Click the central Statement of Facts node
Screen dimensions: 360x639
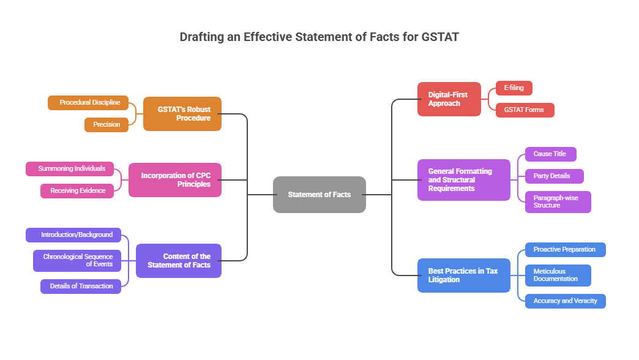pyautogui.click(x=319, y=195)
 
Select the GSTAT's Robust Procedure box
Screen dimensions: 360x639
pyautogui.click(x=182, y=114)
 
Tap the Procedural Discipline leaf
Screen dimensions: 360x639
pyautogui.click(x=89, y=103)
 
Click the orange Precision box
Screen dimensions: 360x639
pyautogui.click(x=106, y=125)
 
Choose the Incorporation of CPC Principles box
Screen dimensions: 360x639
pyautogui.click(x=175, y=180)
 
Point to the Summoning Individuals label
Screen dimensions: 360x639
pyautogui.click(x=72, y=169)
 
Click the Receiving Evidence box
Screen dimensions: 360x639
pyautogui.click(x=78, y=191)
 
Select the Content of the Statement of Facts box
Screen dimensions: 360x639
pyautogui.click(x=179, y=261)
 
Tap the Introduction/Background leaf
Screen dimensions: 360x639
pyautogui.click(x=77, y=235)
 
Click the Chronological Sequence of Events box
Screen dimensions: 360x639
pyautogui.click(x=77, y=261)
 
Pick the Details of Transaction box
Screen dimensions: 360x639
pyautogui.click(x=81, y=287)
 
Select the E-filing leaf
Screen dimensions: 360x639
pyautogui.click(x=514, y=88)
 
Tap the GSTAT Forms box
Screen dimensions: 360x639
pyautogui.click(x=525, y=110)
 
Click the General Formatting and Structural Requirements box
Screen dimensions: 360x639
pyautogui.click(x=463, y=180)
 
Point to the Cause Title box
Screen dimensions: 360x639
pyautogui.click(x=550, y=154)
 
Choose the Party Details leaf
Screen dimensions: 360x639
pyautogui.click(x=554, y=176)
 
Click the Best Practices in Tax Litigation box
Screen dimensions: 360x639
pyautogui.click(x=463, y=276)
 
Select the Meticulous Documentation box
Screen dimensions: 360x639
pyautogui.click(x=558, y=276)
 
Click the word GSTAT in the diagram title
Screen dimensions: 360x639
pyautogui.click(x=440, y=37)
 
